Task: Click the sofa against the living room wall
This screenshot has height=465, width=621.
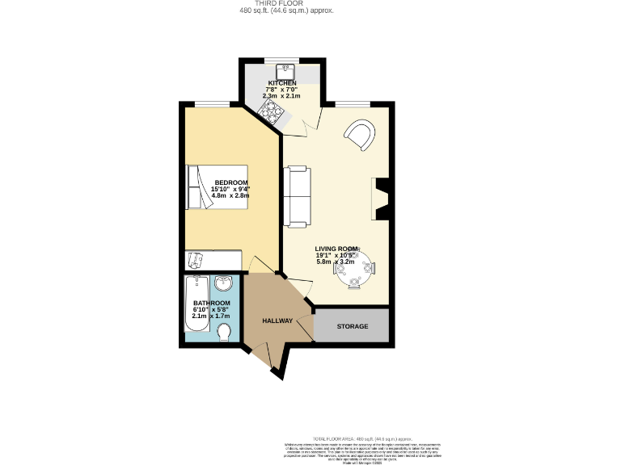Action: (296, 197)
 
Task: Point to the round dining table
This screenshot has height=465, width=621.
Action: (357, 270)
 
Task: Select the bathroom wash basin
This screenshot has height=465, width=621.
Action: (224, 283)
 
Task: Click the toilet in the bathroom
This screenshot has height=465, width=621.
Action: (223, 333)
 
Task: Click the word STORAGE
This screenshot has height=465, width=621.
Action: (353, 326)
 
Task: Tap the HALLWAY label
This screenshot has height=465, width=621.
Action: (277, 320)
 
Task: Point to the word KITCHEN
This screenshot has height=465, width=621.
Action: (281, 83)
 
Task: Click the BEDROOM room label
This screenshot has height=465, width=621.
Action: (231, 182)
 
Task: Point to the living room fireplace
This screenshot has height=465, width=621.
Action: (382, 199)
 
